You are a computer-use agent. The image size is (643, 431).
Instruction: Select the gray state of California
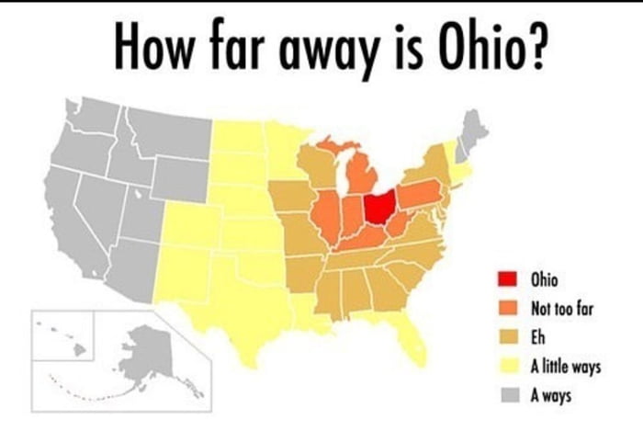click(78, 221)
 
